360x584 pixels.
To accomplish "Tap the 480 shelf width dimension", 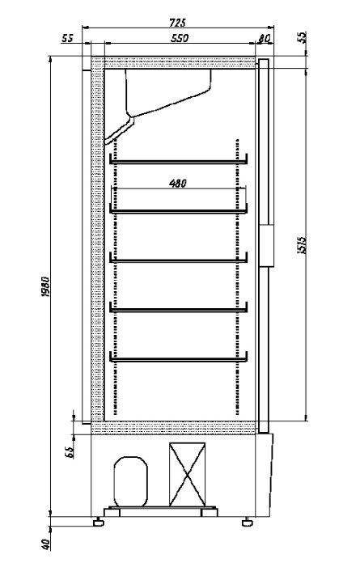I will click(179, 183).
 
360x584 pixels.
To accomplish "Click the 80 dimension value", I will click(264, 38).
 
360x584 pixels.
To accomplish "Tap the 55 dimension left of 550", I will click(67, 38).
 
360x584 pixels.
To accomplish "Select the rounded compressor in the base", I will click(129, 480).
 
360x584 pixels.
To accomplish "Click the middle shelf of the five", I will click(178, 258).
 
